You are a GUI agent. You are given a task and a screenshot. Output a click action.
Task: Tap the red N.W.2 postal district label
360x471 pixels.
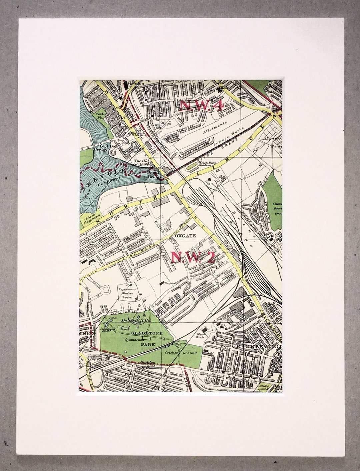point(193,257)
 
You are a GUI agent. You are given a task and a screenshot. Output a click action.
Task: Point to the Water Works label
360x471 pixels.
point(200,335)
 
